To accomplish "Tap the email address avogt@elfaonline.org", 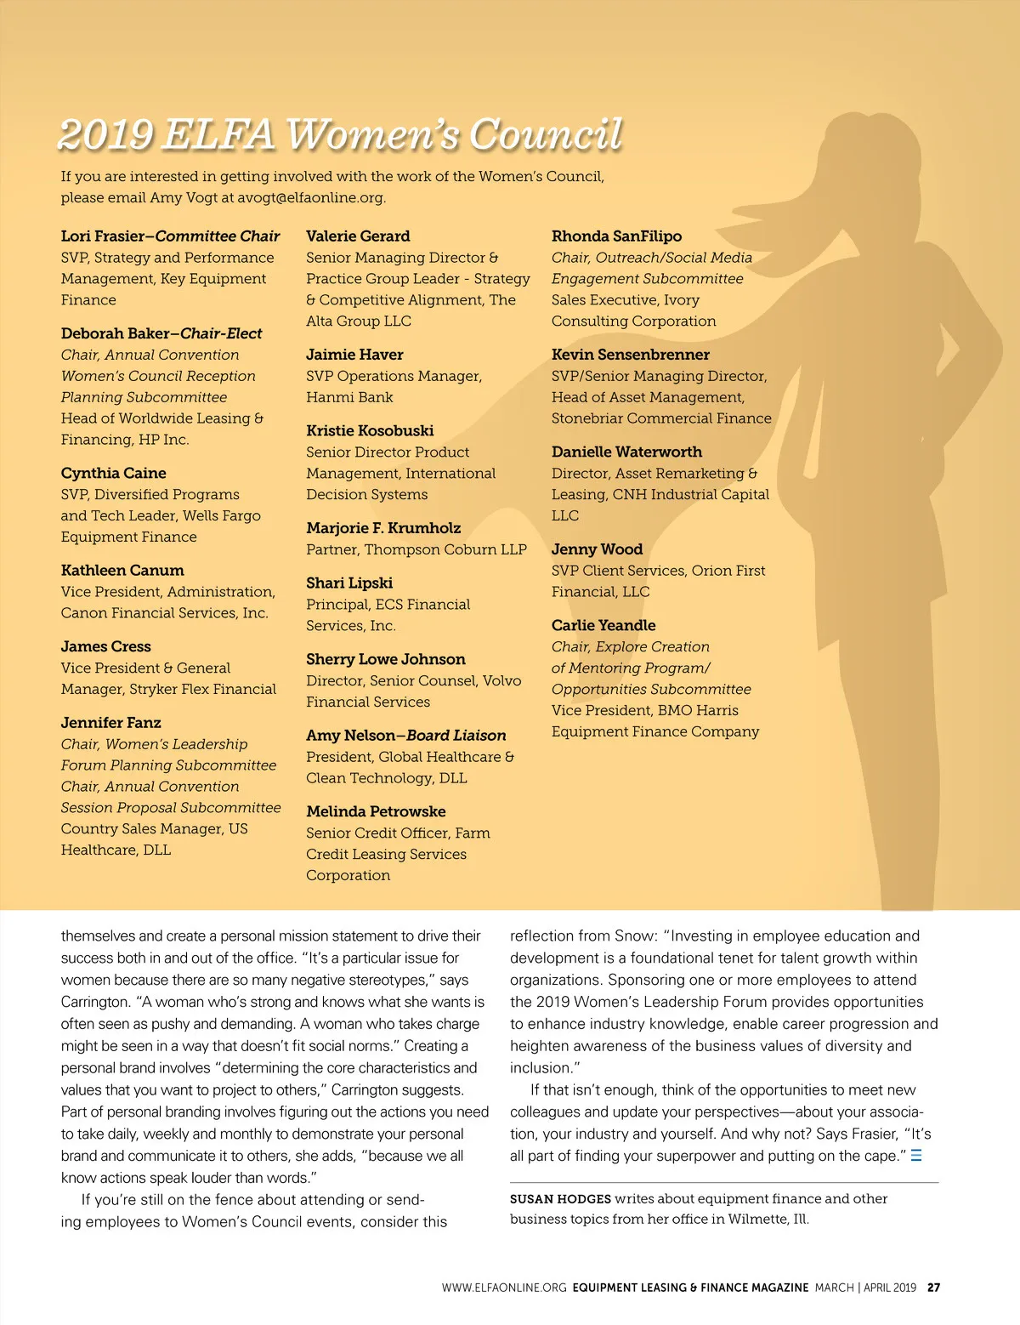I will point(310,198).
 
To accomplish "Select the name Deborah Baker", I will point(114,333).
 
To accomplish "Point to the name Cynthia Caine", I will point(113,473).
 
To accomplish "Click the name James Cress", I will point(105,646).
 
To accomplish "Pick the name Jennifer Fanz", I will point(110,723).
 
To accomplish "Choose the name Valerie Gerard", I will point(358,236).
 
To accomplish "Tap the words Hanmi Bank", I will point(349,397).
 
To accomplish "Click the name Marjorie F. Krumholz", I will point(383,528).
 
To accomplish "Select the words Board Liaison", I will point(456,736).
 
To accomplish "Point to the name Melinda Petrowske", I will point(376,812).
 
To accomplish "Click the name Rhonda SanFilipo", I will point(616,236).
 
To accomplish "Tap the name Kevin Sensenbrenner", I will point(630,355).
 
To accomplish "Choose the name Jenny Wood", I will point(597,549).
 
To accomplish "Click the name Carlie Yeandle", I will point(603,625).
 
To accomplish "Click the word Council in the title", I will point(546,134).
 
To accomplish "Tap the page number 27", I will point(933,1288).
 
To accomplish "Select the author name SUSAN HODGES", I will point(560,1199).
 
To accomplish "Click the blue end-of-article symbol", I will point(916,1156).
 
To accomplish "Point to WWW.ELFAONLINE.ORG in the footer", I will point(503,1288).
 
